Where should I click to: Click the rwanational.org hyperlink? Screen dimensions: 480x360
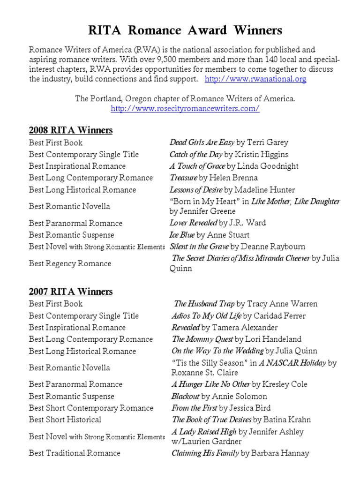pyautogui.click(x=256, y=79)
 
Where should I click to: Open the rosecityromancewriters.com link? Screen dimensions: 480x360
pyautogui.click(x=185, y=109)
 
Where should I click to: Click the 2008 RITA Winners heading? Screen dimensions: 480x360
pyautogui.click(x=71, y=130)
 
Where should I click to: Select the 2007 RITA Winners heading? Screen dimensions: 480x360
pyautogui.click(x=71, y=292)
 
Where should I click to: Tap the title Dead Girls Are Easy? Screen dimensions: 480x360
pyautogui.click(x=202, y=142)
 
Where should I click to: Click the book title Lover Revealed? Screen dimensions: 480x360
pyautogui.click(x=193, y=223)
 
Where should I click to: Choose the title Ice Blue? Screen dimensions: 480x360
pyautogui.click(x=182, y=235)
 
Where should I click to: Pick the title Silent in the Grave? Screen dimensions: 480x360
pyautogui.click(x=199, y=247)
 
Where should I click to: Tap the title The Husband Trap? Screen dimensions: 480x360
pyautogui.click(x=204, y=304)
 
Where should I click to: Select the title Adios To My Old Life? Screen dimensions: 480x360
pyautogui.click(x=206, y=316)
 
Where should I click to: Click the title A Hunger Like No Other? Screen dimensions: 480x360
pyautogui.click(x=211, y=384)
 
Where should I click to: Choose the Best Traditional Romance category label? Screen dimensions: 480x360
pyautogui.click(x=75, y=453)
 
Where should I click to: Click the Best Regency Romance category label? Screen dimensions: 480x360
pyautogui.click(x=70, y=263)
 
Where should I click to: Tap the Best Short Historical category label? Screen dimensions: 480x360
pyautogui.click(x=65, y=420)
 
